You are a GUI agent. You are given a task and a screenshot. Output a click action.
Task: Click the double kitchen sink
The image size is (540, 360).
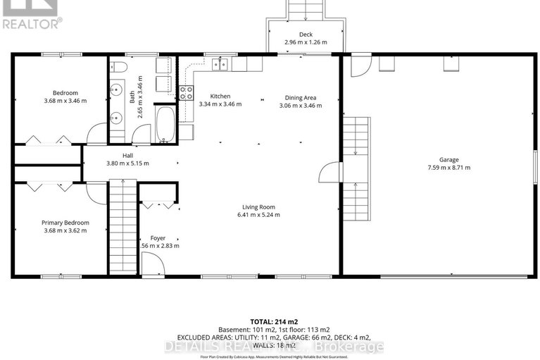(220, 65)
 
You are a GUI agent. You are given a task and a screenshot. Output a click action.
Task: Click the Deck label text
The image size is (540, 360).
(305, 34)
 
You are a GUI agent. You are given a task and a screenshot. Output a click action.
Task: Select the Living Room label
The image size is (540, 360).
(258, 207)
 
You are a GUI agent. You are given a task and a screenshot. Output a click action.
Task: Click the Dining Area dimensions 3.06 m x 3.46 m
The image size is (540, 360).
(300, 106)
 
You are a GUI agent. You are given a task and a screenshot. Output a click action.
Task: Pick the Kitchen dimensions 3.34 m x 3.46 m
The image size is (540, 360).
(220, 104)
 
